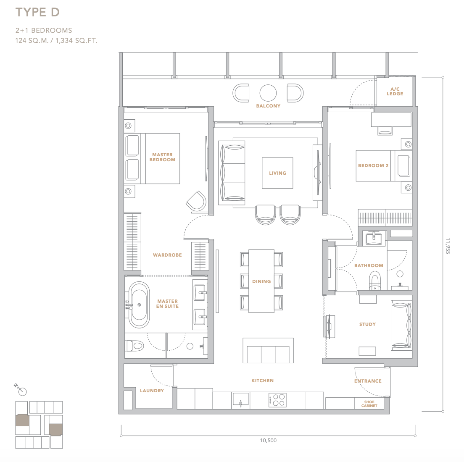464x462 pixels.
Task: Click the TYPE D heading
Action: click(37, 12)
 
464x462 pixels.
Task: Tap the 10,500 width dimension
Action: click(268, 441)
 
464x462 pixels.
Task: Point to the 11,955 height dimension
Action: click(448, 246)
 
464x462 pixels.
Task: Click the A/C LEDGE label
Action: click(395, 92)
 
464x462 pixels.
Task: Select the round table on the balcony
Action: click(268, 93)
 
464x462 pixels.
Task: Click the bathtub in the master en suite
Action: click(139, 304)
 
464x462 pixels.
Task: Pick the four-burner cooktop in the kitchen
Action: click(277, 400)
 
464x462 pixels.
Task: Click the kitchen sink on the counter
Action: click(240, 400)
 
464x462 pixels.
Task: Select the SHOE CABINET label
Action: click(369, 404)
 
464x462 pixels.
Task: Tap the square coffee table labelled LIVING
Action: click(277, 173)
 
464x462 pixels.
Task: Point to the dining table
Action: click(261, 281)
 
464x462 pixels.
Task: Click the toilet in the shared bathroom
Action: click(375, 281)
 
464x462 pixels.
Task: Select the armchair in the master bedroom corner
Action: click(197, 202)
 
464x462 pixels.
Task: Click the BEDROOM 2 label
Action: click(373, 165)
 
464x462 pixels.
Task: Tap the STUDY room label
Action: click(367, 325)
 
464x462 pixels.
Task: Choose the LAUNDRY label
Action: click(152, 391)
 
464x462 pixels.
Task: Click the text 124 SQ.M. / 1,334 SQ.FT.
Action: click(56, 40)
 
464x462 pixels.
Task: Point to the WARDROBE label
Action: click(167, 255)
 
